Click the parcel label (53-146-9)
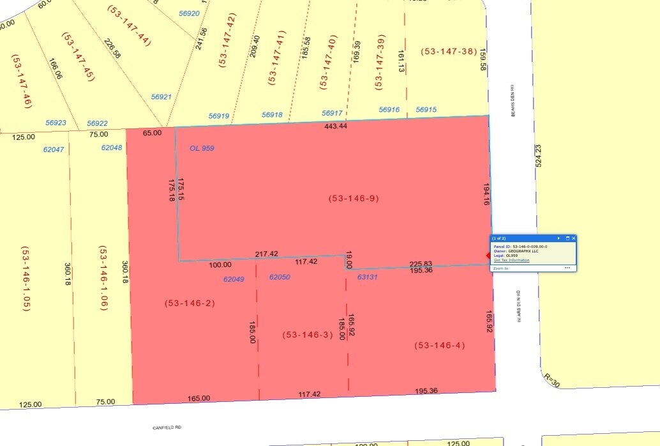tap(354, 199)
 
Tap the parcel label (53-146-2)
tap(190, 304)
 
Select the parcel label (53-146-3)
tap(308, 335)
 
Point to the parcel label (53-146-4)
tap(440, 346)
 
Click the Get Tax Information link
tap(511, 260)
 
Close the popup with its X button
tap(573, 238)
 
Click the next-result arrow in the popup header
tap(559, 238)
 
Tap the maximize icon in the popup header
tap(567, 238)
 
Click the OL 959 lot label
tap(202, 148)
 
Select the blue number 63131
tap(368, 277)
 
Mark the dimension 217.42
tap(266, 254)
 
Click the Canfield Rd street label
tap(167, 427)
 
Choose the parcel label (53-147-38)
tap(449, 51)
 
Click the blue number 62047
tap(54, 149)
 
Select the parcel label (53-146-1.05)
tap(26, 279)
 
